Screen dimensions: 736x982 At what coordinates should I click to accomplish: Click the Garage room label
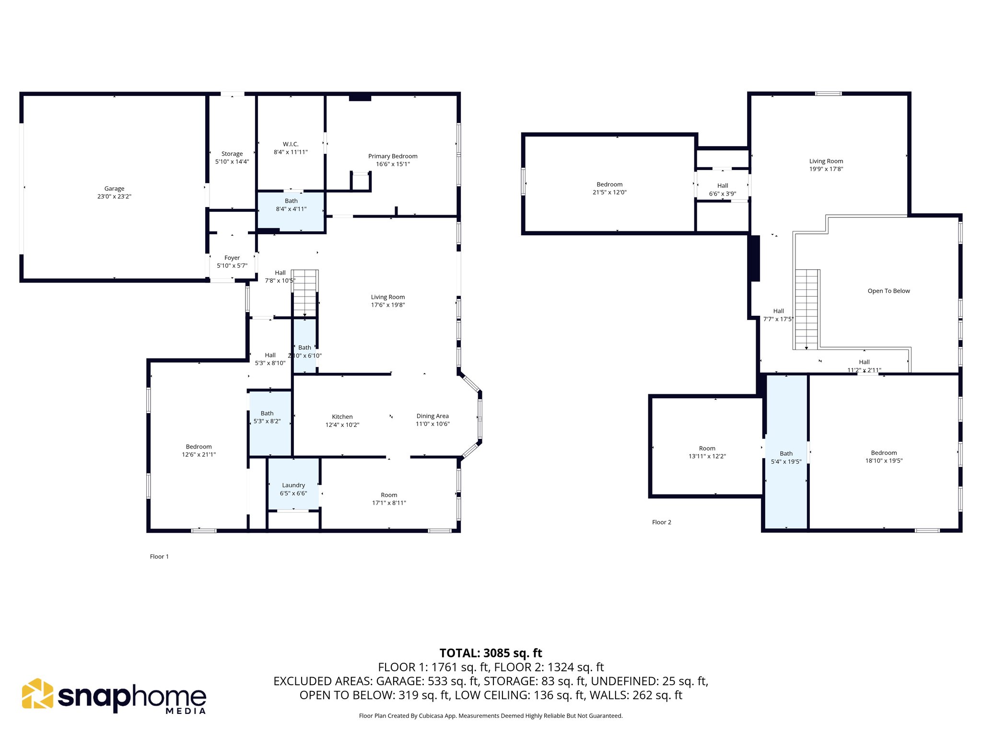(114, 189)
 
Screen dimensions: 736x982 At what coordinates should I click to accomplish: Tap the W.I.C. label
(291, 144)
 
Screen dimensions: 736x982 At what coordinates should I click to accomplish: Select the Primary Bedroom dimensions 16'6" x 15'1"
(393, 164)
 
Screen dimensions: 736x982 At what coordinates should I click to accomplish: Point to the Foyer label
(232, 258)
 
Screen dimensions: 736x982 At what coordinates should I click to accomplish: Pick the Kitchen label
(342, 417)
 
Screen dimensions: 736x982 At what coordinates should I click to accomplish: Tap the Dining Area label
(433, 416)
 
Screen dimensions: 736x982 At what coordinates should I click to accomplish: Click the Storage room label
(232, 154)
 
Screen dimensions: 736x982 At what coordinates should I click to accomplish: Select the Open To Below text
(888, 291)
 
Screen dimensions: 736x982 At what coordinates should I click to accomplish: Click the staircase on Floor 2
(807, 309)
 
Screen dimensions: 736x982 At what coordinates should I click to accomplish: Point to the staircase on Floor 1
(305, 293)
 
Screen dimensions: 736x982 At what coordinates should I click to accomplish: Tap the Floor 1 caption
(159, 556)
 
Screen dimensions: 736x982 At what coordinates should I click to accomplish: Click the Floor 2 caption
(661, 522)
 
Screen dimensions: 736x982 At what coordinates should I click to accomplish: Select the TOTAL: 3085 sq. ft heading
(491, 653)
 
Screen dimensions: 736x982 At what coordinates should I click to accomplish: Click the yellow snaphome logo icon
(37, 693)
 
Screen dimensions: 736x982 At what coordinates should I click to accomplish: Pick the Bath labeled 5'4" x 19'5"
(786, 458)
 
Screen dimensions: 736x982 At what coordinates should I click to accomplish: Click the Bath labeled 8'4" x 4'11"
(291, 205)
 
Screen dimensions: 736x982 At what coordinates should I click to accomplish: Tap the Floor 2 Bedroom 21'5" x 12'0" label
(609, 188)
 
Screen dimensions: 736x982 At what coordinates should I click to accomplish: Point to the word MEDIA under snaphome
(186, 711)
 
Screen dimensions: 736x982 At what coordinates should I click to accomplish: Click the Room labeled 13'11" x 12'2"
(707, 452)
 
